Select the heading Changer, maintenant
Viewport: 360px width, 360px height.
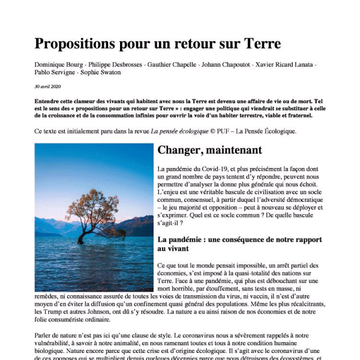click(209, 150)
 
